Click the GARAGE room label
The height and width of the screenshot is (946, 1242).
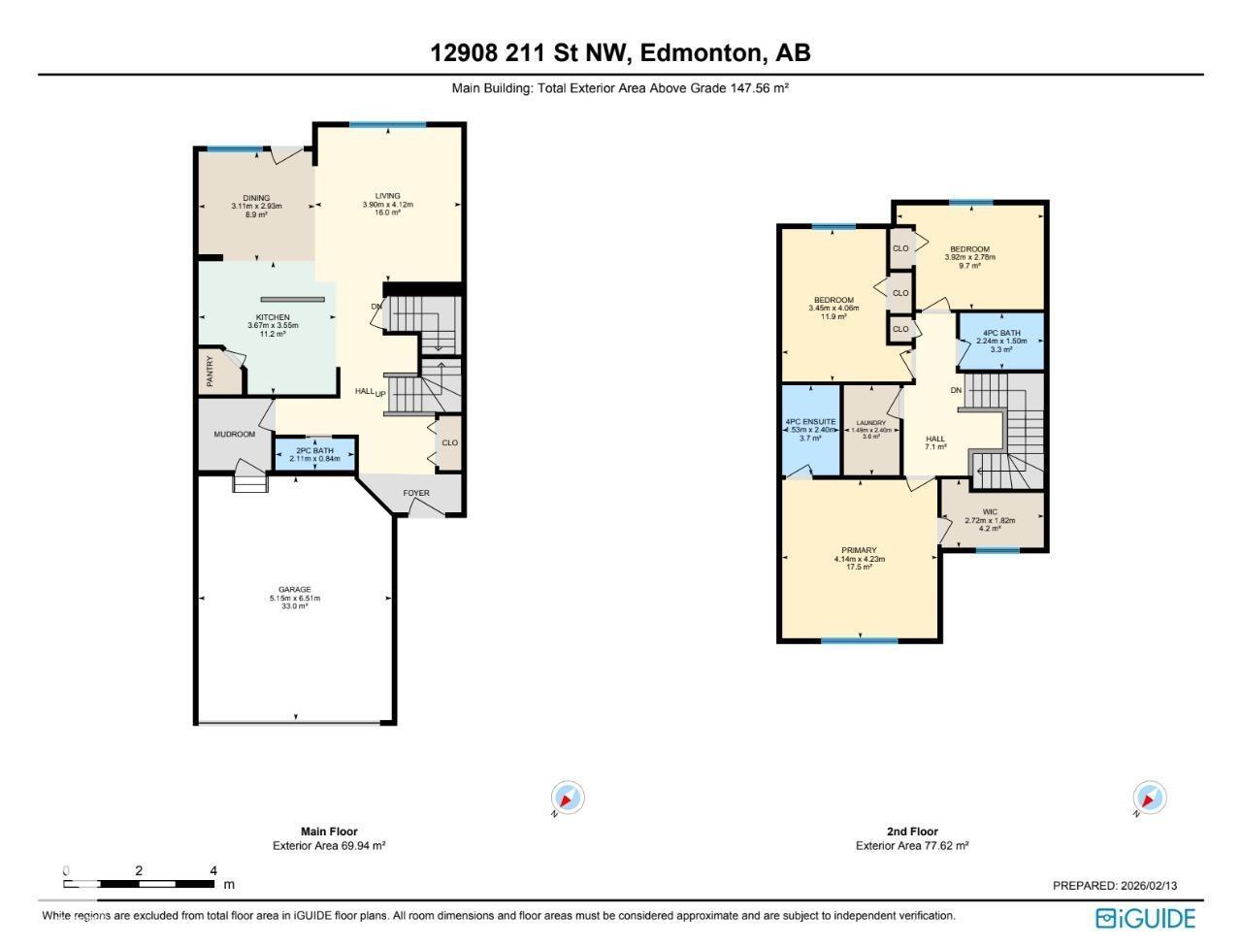(x=294, y=589)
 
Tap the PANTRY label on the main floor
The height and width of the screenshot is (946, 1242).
(x=209, y=370)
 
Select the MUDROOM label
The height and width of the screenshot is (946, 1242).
(x=235, y=435)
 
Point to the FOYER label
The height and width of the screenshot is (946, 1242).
(x=416, y=493)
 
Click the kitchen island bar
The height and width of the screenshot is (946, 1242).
(x=292, y=300)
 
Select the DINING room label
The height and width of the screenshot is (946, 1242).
(x=256, y=198)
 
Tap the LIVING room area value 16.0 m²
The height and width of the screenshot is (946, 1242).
(x=388, y=212)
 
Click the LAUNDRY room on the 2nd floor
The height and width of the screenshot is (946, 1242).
(x=870, y=424)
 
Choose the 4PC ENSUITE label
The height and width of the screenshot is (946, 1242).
(x=810, y=422)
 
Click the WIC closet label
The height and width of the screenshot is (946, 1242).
(x=990, y=512)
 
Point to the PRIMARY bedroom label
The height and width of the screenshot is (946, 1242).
(x=859, y=551)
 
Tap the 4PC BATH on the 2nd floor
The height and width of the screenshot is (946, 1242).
(x=1001, y=333)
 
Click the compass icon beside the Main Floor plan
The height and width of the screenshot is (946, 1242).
(x=568, y=799)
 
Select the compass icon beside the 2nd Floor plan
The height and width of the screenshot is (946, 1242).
(x=1150, y=799)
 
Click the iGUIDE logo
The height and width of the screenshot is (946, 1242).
(x=1145, y=918)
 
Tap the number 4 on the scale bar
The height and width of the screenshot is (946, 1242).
(x=213, y=870)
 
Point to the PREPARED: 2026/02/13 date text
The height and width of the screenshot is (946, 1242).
(x=1115, y=886)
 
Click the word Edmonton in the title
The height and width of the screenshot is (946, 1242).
(x=699, y=53)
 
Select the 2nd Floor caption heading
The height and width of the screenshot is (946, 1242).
(x=912, y=832)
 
